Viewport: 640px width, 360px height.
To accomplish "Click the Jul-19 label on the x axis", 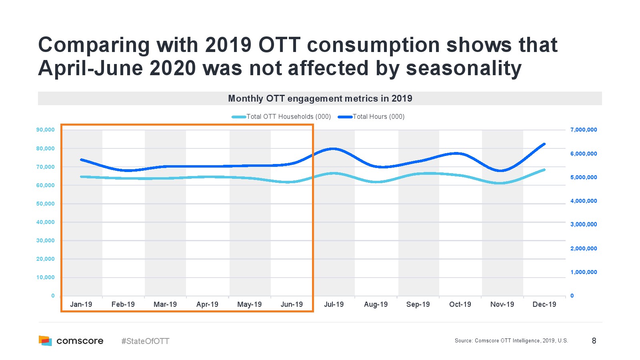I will (x=334, y=304).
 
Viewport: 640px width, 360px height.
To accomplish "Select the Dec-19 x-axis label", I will (x=544, y=304).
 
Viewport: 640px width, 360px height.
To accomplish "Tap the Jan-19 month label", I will (x=81, y=304).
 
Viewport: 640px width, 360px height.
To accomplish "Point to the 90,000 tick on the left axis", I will (x=45, y=130).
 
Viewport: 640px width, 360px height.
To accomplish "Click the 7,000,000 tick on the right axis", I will (x=584, y=130).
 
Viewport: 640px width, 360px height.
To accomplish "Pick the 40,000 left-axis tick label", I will (x=45, y=222).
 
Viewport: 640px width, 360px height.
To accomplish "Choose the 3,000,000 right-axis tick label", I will (x=584, y=224).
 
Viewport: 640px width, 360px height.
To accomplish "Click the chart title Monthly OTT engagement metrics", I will (x=320, y=98).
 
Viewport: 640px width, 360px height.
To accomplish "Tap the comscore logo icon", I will (x=45, y=341).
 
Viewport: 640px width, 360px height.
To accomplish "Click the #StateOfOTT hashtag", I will (x=145, y=341).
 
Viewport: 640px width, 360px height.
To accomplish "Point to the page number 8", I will (x=594, y=341).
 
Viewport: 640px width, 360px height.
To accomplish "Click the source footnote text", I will (x=511, y=341).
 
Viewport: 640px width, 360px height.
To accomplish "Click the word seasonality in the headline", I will (x=464, y=68).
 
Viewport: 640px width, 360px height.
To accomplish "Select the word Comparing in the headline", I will (x=94, y=45).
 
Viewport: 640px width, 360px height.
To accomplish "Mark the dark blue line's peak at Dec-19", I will (x=544, y=144).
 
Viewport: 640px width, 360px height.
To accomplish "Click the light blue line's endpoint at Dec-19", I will (x=544, y=170).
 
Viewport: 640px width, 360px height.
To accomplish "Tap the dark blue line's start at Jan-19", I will (x=81, y=160).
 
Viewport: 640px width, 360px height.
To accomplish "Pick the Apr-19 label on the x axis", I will (x=207, y=304).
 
